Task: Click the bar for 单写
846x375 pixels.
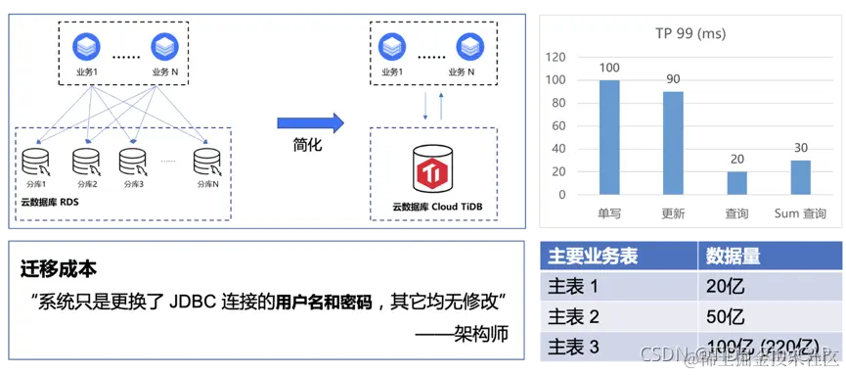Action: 609,137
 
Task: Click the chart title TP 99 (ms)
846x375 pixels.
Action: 690,33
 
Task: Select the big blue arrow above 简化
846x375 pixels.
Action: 310,122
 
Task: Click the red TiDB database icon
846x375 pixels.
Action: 430,171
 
